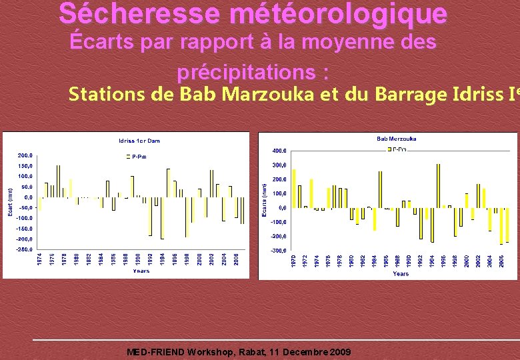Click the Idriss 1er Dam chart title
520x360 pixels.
[x=139, y=141]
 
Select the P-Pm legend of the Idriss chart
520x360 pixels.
[x=137, y=156]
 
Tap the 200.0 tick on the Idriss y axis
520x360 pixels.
[x=25, y=155]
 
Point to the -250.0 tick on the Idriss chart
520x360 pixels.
[x=23, y=249]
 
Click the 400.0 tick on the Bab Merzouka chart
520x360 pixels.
[x=280, y=150]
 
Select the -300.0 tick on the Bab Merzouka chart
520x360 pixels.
[x=279, y=251]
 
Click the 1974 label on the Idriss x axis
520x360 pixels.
[x=39, y=260]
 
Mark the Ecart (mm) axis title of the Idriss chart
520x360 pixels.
[x=9, y=201]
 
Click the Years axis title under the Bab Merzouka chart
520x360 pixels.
[x=401, y=273]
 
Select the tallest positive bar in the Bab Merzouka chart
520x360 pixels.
[x=438, y=186]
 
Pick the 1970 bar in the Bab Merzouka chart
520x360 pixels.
[x=294, y=189]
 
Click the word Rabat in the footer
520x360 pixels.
[x=251, y=352]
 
